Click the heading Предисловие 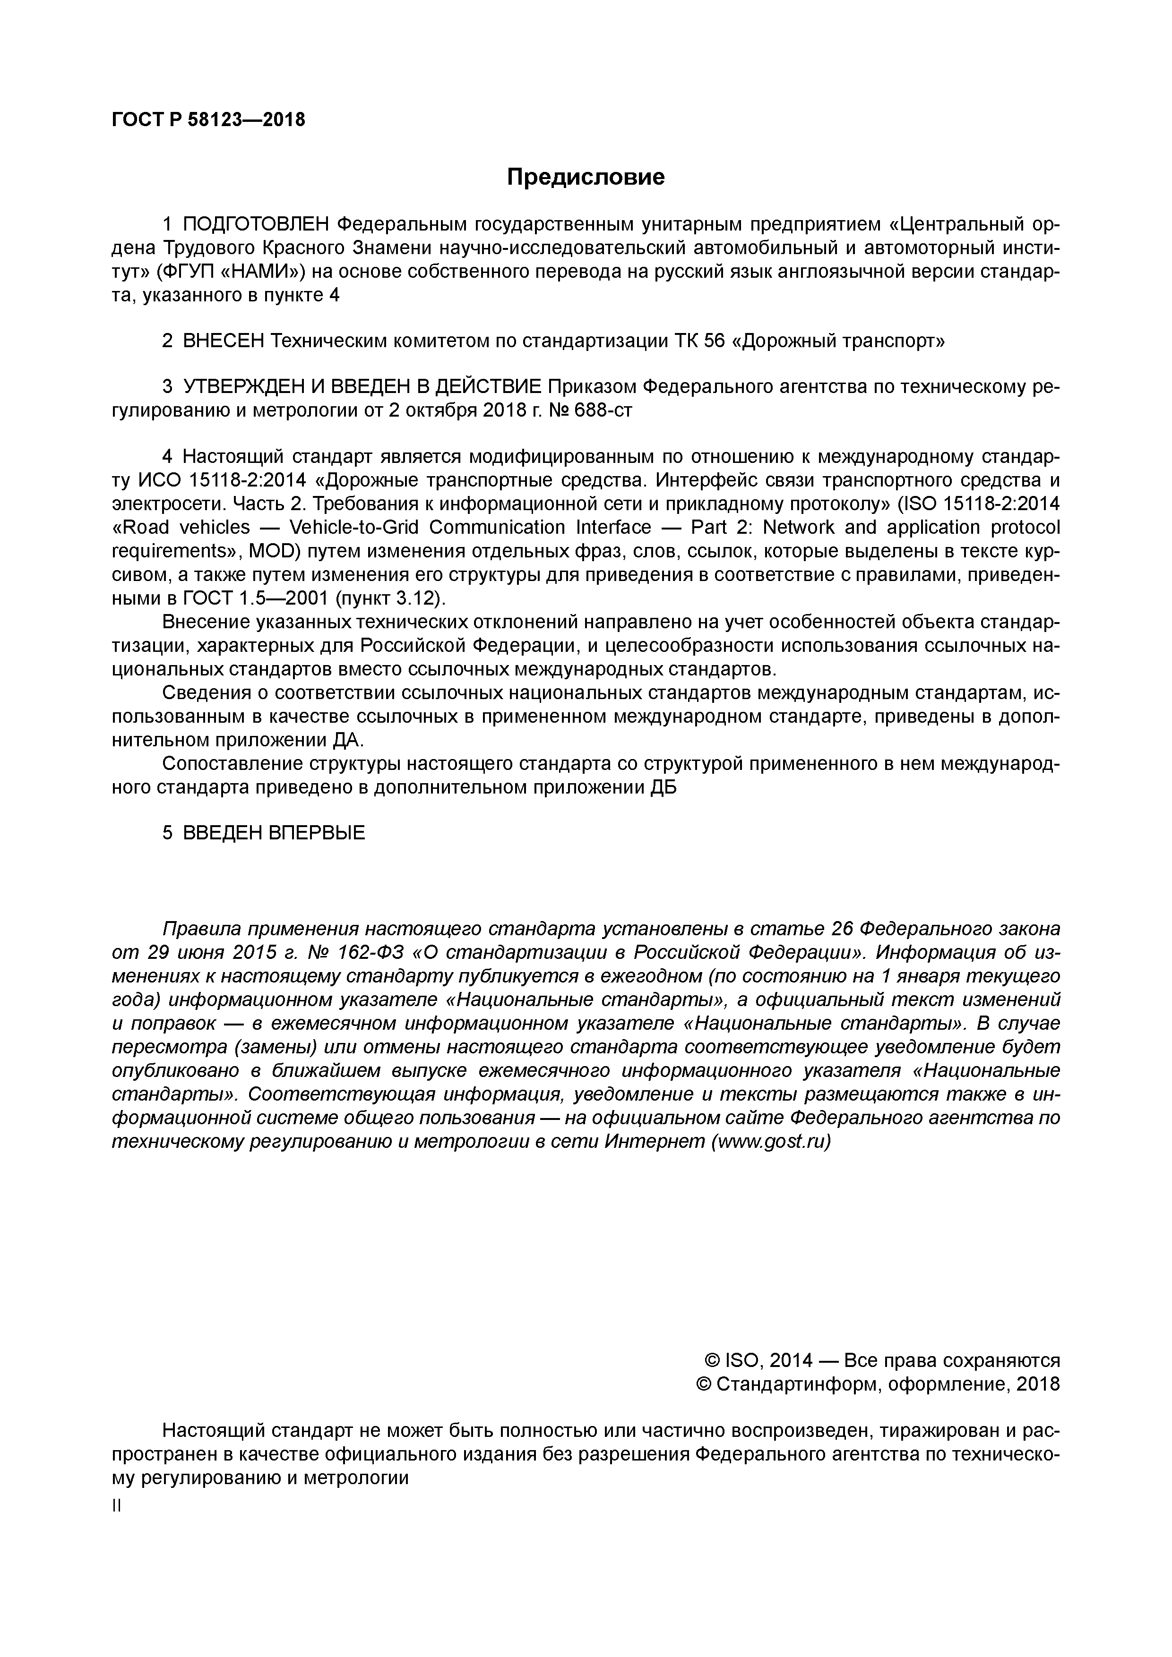coord(585,177)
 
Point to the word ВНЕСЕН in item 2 coord(224,341)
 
